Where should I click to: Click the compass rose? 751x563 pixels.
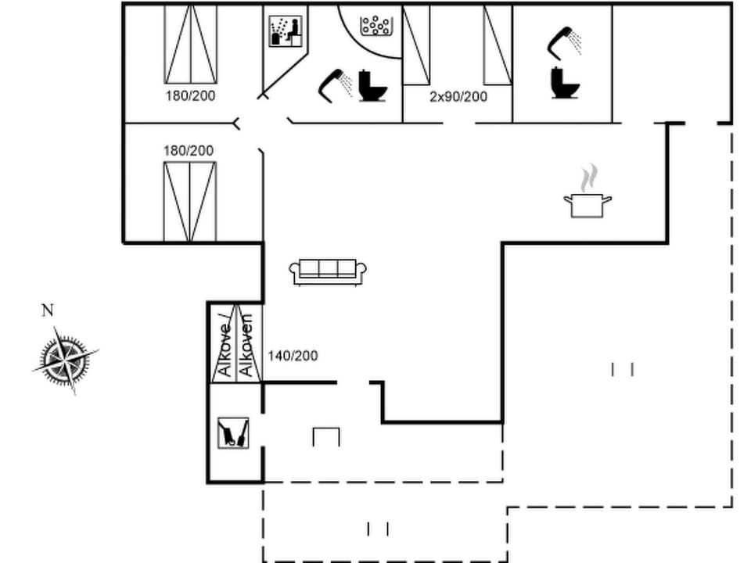coord(66,360)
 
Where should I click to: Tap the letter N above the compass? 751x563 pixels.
coord(47,311)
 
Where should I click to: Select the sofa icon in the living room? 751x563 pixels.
coord(329,271)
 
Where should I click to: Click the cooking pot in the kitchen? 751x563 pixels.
coord(587,205)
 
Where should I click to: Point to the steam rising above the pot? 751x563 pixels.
coord(591,177)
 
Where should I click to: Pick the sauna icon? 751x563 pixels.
coord(285,32)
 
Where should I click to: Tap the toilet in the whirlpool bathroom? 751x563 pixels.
coord(373,86)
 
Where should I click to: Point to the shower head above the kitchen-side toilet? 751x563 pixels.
coord(564,42)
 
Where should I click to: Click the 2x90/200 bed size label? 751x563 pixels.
coord(458,97)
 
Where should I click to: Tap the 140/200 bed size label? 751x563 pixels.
coord(293,356)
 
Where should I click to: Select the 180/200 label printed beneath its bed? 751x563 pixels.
coord(190,96)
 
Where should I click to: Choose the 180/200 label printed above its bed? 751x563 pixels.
coord(189,150)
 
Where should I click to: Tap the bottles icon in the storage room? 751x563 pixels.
coord(234,432)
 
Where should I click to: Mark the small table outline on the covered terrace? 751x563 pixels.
coord(326,436)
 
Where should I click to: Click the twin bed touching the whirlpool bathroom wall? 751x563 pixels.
coord(416,44)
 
